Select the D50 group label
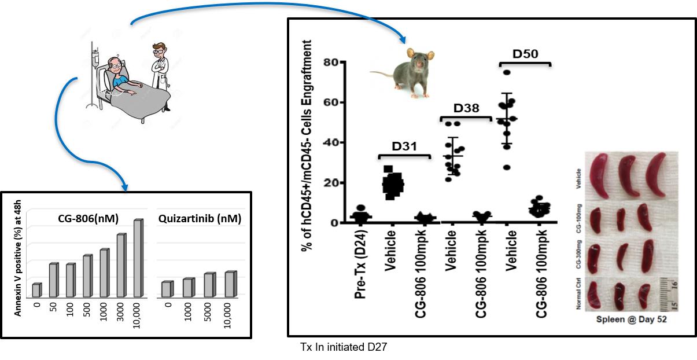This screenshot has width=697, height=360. click(x=525, y=54)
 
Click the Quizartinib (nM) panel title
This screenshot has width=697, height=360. click(x=200, y=219)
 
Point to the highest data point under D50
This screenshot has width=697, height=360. click(x=507, y=72)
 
